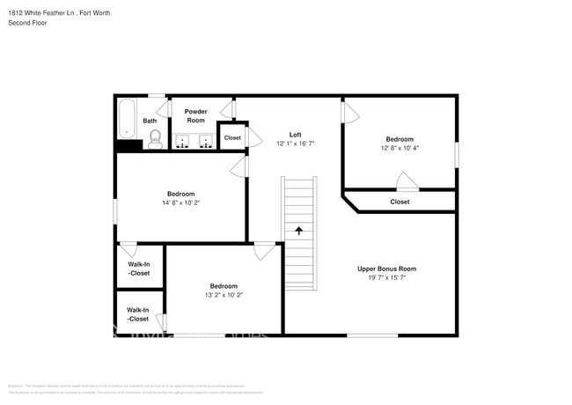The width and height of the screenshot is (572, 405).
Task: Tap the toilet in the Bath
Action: pyautogui.click(x=155, y=137)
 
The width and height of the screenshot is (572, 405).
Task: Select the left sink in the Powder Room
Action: pyautogui.click(x=184, y=141)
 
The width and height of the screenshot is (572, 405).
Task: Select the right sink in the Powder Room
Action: pyautogui.click(x=206, y=141)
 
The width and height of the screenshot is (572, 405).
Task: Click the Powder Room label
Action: pyautogui.click(x=195, y=115)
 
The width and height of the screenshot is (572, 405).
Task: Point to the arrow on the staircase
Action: pyautogui.click(x=298, y=232)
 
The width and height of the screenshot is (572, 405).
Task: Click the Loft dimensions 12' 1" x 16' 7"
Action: pyautogui.click(x=296, y=144)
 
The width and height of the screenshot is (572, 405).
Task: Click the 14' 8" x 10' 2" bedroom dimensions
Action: pyautogui.click(x=180, y=202)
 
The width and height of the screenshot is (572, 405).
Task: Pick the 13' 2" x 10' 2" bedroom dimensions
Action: pyautogui.click(x=223, y=295)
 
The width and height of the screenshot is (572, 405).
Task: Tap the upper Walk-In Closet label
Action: pyautogui.click(x=138, y=269)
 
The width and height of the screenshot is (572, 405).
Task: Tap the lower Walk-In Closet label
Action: pyautogui.click(x=138, y=313)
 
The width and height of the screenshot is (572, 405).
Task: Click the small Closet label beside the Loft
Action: pyautogui.click(x=232, y=138)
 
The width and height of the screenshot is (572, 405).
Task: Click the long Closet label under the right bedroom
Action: pyautogui.click(x=400, y=202)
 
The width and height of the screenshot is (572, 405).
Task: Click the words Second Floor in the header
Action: pyautogui.click(x=27, y=22)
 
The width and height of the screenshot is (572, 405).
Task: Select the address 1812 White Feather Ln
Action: pyautogui.click(x=42, y=13)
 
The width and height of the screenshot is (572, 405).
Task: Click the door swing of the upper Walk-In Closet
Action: pyautogui.click(x=128, y=249)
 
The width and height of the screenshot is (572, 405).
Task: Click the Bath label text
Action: pyautogui.click(x=150, y=121)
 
